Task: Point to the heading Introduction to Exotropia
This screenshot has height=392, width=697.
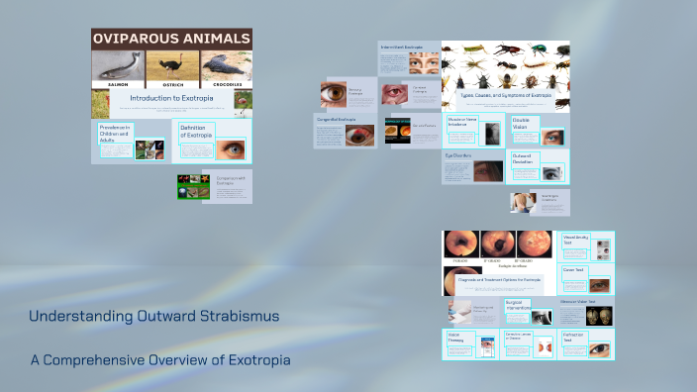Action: tap(171, 99)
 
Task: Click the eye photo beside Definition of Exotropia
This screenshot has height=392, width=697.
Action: tap(234, 149)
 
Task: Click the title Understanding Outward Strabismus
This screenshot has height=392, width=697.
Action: tap(153, 317)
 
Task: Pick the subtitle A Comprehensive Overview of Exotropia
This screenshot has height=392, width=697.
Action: tap(159, 359)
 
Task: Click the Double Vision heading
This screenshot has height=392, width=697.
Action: tap(522, 124)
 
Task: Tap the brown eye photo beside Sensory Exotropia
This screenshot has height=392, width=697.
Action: tap(333, 95)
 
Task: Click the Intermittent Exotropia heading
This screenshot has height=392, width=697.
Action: tap(400, 47)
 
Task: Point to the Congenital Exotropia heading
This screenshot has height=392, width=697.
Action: tap(337, 119)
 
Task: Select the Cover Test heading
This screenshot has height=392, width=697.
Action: tap(573, 270)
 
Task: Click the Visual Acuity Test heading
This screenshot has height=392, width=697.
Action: tap(576, 240)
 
